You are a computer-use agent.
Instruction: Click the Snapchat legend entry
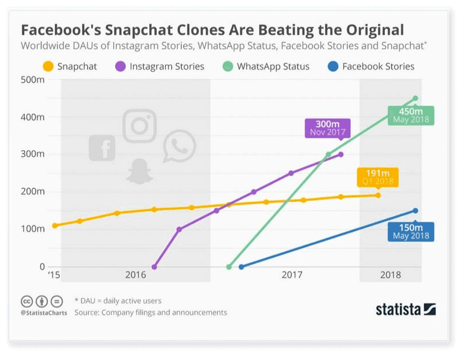click(70, 66)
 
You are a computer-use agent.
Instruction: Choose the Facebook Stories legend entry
click(370, 66)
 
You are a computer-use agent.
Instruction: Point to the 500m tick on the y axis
click(33, 80)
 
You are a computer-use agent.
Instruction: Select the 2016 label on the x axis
click(135, 275)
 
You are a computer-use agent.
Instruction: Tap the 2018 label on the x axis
click(390, 275)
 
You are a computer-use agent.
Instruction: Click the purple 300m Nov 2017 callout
click(327, 128)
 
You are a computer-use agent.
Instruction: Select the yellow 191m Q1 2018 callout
click(377, 176)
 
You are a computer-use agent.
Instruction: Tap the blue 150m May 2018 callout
click(410, 232)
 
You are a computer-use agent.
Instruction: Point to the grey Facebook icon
click(102, 148)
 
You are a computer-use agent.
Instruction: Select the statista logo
click(405, 309)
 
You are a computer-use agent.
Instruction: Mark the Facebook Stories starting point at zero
click(241, 267)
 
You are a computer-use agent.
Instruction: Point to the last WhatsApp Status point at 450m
click(415, 98)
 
